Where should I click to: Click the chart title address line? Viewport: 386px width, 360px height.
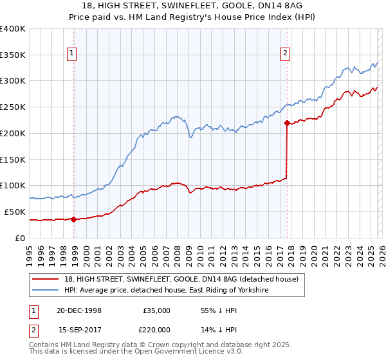(x=193, y=6)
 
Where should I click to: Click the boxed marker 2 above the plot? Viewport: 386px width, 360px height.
(x=284, y=54)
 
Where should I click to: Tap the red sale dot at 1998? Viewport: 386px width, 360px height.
(x=73, y=219)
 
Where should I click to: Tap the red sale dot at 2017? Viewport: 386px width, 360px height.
(x=286, y=122)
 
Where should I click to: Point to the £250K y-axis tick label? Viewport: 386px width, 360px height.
(x=13, y=107)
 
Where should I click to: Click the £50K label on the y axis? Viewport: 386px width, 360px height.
(x=15, y=212)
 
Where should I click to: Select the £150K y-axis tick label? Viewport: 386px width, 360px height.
(x=13, y=159)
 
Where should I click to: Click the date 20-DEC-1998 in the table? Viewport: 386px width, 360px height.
(x=78, y=310)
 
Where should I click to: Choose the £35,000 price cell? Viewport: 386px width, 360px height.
(x=156, y=310)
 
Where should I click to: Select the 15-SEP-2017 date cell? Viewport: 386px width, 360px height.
(x=78, y=330)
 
